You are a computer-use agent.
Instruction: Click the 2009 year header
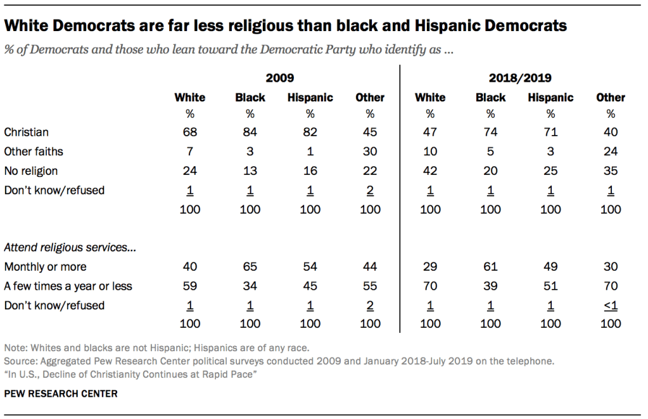[279, 78]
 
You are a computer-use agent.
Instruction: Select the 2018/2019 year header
[519, 78]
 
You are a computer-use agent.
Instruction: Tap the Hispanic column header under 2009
[310, 98]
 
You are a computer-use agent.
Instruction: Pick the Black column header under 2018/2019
[490, 98]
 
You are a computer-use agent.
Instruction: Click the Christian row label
[26, 132]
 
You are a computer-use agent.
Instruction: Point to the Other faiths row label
[34, 151]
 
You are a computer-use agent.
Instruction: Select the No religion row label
[31, 171]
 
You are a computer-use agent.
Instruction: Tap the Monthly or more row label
[45, 267]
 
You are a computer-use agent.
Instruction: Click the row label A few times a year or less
[68, 286]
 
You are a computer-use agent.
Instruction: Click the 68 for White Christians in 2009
[190, 132]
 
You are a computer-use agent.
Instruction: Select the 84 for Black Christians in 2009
[250, 132]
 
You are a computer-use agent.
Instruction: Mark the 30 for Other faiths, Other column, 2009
[370, 151]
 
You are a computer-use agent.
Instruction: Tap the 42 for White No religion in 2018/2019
[430, 171]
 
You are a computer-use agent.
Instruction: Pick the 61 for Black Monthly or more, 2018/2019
[490, 267]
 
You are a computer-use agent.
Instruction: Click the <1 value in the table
[611, 305]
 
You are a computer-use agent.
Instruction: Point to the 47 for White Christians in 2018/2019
[430, 132]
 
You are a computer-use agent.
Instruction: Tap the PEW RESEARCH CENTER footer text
[60, 394]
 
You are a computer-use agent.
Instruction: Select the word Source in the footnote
[20, 361]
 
